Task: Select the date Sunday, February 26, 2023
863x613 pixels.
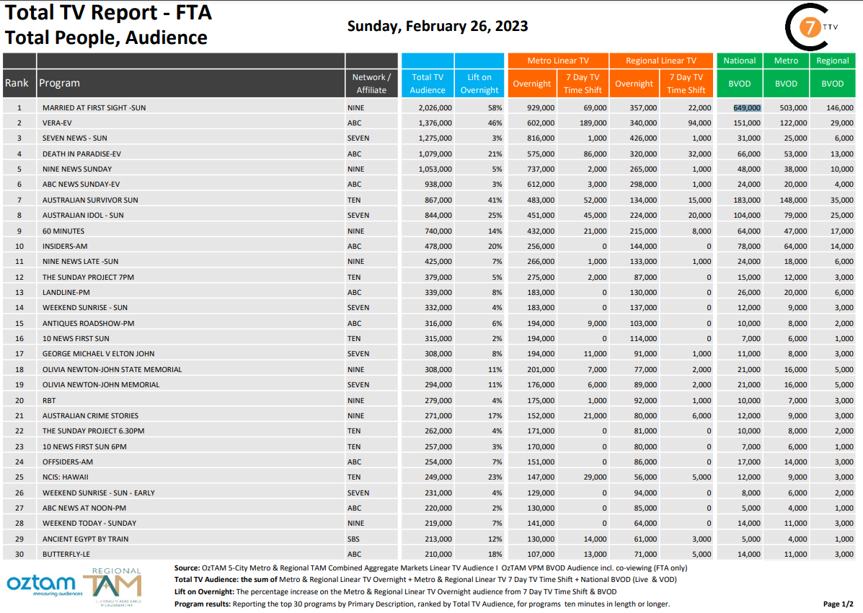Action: coord(438,27)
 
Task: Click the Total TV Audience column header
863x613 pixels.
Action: coord(428,84)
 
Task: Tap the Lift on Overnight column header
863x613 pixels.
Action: coord(479,84)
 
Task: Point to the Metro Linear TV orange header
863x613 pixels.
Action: coord(558,61)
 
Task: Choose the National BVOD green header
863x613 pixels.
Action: coord(740,61)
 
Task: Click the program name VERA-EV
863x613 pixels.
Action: coord(57,123)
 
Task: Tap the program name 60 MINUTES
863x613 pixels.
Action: coord(63,231)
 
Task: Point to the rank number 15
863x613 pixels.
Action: coord(19,323)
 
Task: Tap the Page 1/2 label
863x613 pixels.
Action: coord(838,604)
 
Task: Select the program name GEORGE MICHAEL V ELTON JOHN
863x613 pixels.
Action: coord(98,354)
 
